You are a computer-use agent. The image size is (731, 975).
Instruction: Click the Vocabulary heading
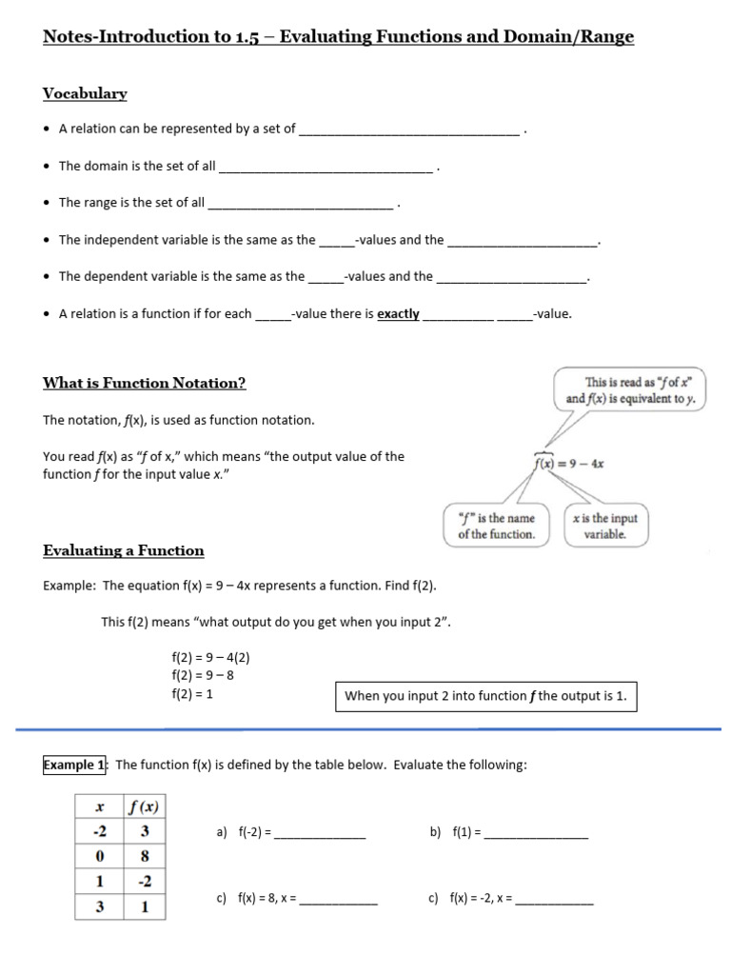85,93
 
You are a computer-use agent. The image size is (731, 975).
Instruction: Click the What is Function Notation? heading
145,383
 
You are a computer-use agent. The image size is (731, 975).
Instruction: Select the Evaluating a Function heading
124,550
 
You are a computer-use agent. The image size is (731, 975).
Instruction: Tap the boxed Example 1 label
75,765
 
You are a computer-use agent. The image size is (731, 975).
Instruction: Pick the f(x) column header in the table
144,806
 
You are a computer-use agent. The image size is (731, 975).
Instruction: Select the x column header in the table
99,806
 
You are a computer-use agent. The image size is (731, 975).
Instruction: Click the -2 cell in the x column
99,831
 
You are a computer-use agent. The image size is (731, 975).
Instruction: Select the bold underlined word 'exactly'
398,313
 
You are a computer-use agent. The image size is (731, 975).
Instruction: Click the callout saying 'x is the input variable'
604,526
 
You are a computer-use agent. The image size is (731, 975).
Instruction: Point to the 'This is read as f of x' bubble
631,390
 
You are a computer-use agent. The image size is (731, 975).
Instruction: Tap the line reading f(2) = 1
192,694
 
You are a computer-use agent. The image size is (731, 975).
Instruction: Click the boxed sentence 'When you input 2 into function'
485,696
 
